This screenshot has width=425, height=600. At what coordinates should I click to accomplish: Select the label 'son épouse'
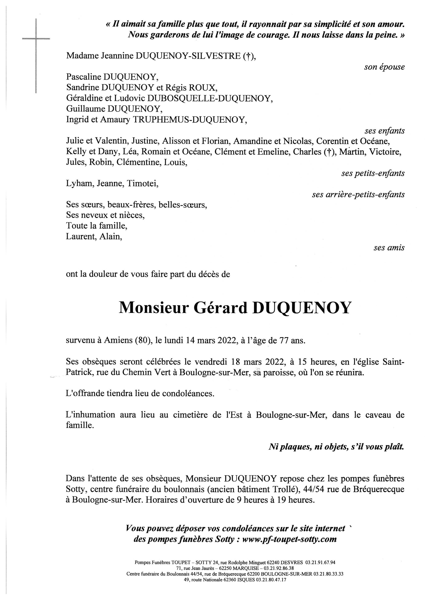pyautogui.click(x=384, y=67)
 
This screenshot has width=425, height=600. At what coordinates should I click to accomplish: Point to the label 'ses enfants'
pyautogui.click(x=385, y=131)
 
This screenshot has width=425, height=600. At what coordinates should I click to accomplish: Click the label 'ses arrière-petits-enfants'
pyautogui.click(x=358, y=194)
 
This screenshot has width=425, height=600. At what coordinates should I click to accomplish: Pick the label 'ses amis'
pyautogui.click(x=389, y=247)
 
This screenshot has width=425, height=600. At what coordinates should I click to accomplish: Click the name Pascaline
pyautogui.click(x=83, y=77)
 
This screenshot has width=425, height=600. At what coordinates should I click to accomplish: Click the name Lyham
pyautogui.click(x=80, y=184)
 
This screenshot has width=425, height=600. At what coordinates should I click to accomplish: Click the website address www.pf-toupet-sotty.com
pyautogui.click(x=289, y=539)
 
